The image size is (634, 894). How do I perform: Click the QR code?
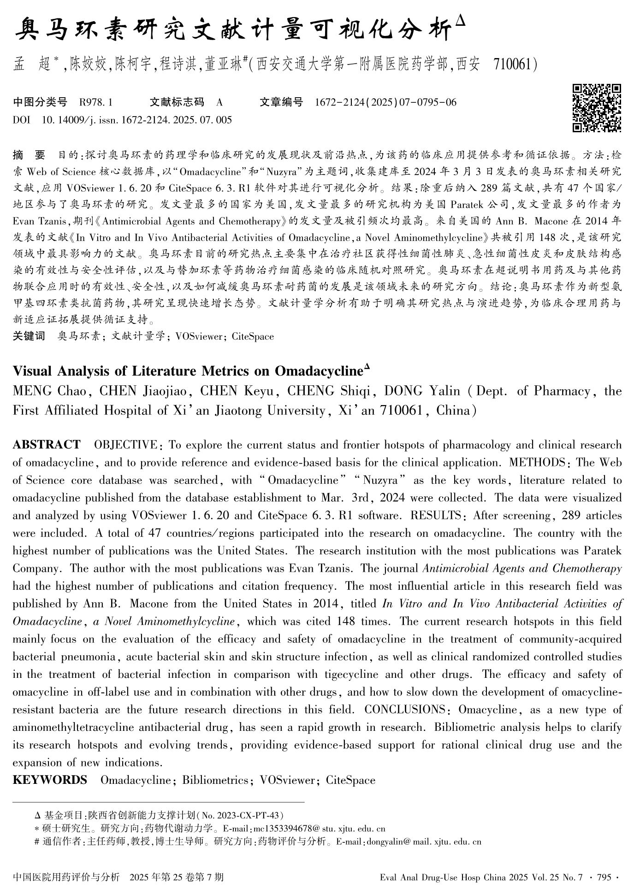coord(596,108)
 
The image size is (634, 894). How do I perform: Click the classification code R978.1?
coord(96,102)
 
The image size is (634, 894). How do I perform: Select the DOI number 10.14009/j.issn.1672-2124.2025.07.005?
coord(136,120)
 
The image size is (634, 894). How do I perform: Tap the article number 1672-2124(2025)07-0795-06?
coord(385,102)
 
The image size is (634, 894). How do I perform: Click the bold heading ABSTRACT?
coord(47,445)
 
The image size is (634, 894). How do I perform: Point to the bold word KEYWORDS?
coord(50,780)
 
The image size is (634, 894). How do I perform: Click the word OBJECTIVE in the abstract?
coord(125,445)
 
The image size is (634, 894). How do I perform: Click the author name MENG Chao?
coord(50,391)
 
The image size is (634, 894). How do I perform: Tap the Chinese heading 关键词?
coord(29,336)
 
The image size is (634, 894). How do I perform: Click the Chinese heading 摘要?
coord(29,155)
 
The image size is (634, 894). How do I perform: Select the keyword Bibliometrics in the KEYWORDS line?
coord(215,780)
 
